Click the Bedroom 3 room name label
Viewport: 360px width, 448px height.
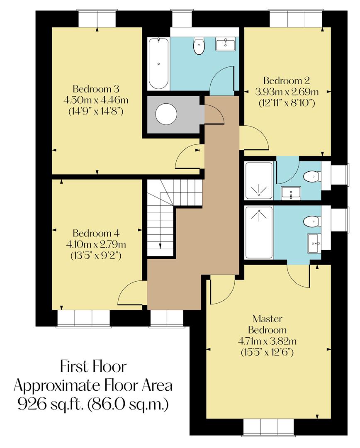[x=96, y=89]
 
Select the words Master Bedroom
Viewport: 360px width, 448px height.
[x=268, y=324]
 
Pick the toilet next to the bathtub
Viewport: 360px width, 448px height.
[x=199, y=46]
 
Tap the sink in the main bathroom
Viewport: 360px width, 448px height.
[x=225, y=44]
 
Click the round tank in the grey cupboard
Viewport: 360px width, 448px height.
[x=166, y=114]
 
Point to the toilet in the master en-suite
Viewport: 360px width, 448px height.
[x=311, y=222]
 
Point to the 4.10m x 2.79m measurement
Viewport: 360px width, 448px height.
[x=96, y=243]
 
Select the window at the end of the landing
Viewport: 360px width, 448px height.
[x=166, y=319]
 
